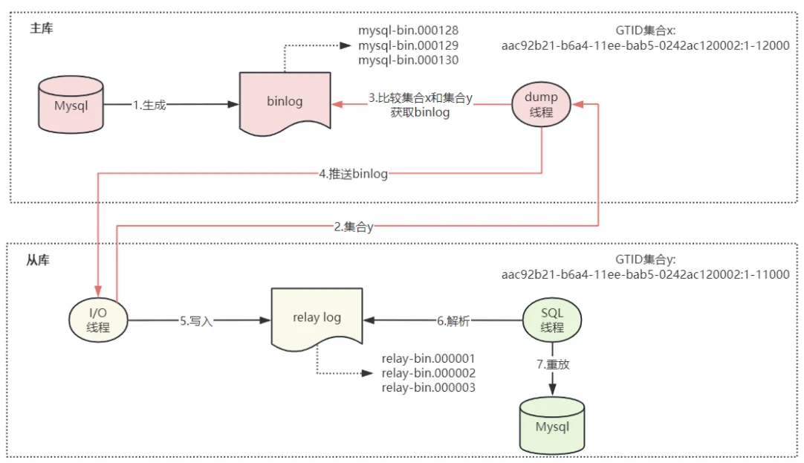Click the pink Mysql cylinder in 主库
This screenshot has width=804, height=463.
pyautogui.click(x=71, y=106)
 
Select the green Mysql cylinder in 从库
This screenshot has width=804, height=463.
pyautogui.click(x=552, y=426)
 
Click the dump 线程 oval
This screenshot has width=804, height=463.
pyautogui.click(x=541, y=104)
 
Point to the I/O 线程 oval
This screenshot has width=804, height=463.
pyautogui.click(x=97, y=321)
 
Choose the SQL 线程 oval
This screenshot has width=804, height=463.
pyautogui.click(x=552, y=321)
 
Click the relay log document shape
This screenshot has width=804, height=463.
pyautogui.click(x=317, y=318)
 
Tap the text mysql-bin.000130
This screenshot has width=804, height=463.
pyautogui.click(x=408, y=60)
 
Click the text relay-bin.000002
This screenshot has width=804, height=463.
pyautogui.click(x=428, y=373)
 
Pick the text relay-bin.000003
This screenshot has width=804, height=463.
pyautogui.click(x=428, y=388)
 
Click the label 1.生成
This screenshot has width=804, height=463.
pyautogui.click(x=149, y=106)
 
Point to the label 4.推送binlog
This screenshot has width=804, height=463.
pyautogui.click(x=353, y=175)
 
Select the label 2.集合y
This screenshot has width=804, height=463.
pyautogui.click(x=353, y=227)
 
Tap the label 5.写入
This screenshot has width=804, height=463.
pyautogui.click(x=195, y=321)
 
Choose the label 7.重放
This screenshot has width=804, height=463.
pyautogui.click(x=552, y=365)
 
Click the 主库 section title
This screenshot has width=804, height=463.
pyautogui.click(x=42, y=29)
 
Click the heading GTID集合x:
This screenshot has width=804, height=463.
pyautogui.click(x=645, y=30)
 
